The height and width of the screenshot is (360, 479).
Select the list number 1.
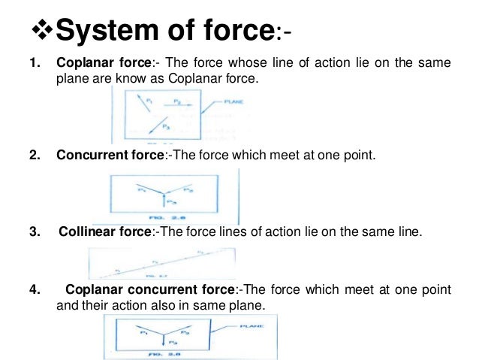tap(32, 64)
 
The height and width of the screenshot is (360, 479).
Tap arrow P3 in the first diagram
tap(162, 126)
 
